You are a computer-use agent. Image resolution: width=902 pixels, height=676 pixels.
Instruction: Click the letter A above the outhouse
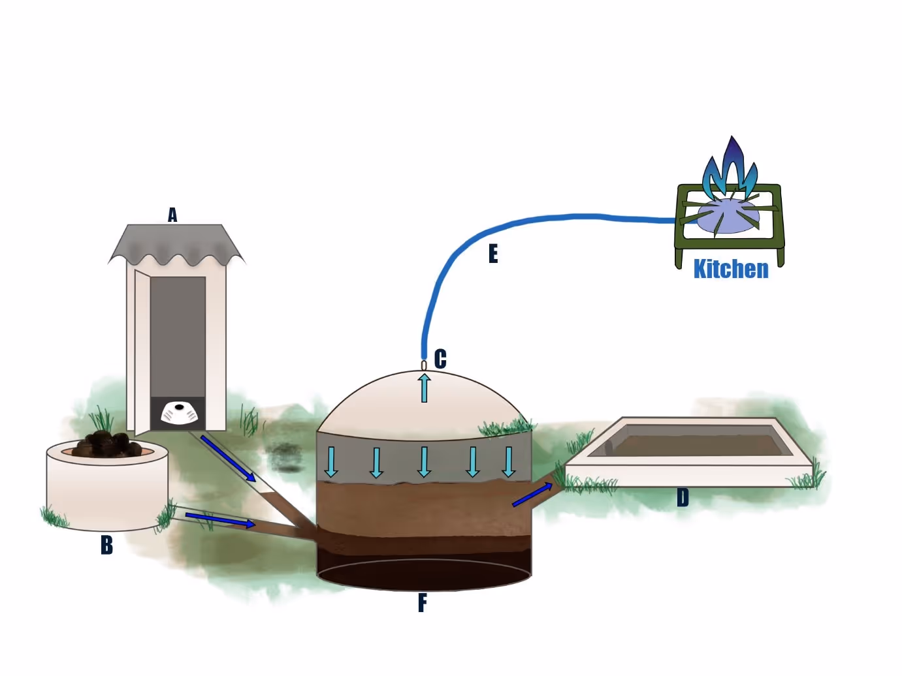(172, 215)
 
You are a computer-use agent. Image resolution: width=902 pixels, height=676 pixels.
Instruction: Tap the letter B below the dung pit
(106, 545)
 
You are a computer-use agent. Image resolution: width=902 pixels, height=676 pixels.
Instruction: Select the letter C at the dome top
(440, 359)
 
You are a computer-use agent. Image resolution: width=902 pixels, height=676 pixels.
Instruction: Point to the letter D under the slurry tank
(683, 498)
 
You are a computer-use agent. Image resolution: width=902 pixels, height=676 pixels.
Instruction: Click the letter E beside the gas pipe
(493, 254)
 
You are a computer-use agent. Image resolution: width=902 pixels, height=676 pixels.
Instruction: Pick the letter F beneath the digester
(423, 603)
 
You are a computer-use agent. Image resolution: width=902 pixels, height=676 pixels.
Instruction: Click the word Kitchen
(731, 269)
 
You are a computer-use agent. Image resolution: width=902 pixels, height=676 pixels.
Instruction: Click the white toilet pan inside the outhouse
(178, 412)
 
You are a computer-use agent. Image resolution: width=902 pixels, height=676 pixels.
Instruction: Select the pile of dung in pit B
(108, 444)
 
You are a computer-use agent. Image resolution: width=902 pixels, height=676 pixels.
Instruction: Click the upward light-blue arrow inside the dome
(425, 387)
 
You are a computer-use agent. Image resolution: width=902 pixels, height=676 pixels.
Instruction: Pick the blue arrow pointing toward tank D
(532, 495)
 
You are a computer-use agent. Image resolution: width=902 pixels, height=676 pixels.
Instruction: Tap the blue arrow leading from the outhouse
(228, 459)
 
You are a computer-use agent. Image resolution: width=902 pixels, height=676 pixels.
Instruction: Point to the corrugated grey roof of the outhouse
(176, 244)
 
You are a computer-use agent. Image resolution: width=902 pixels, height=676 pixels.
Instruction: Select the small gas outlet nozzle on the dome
(424, 365)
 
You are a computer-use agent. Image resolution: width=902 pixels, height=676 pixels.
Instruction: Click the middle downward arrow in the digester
(425, 461)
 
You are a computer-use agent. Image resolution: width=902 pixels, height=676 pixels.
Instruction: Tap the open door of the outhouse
(142, 352)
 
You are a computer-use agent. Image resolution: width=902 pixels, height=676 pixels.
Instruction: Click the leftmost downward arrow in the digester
(331, 461)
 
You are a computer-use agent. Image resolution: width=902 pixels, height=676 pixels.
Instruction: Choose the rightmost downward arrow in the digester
(508, 461)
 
